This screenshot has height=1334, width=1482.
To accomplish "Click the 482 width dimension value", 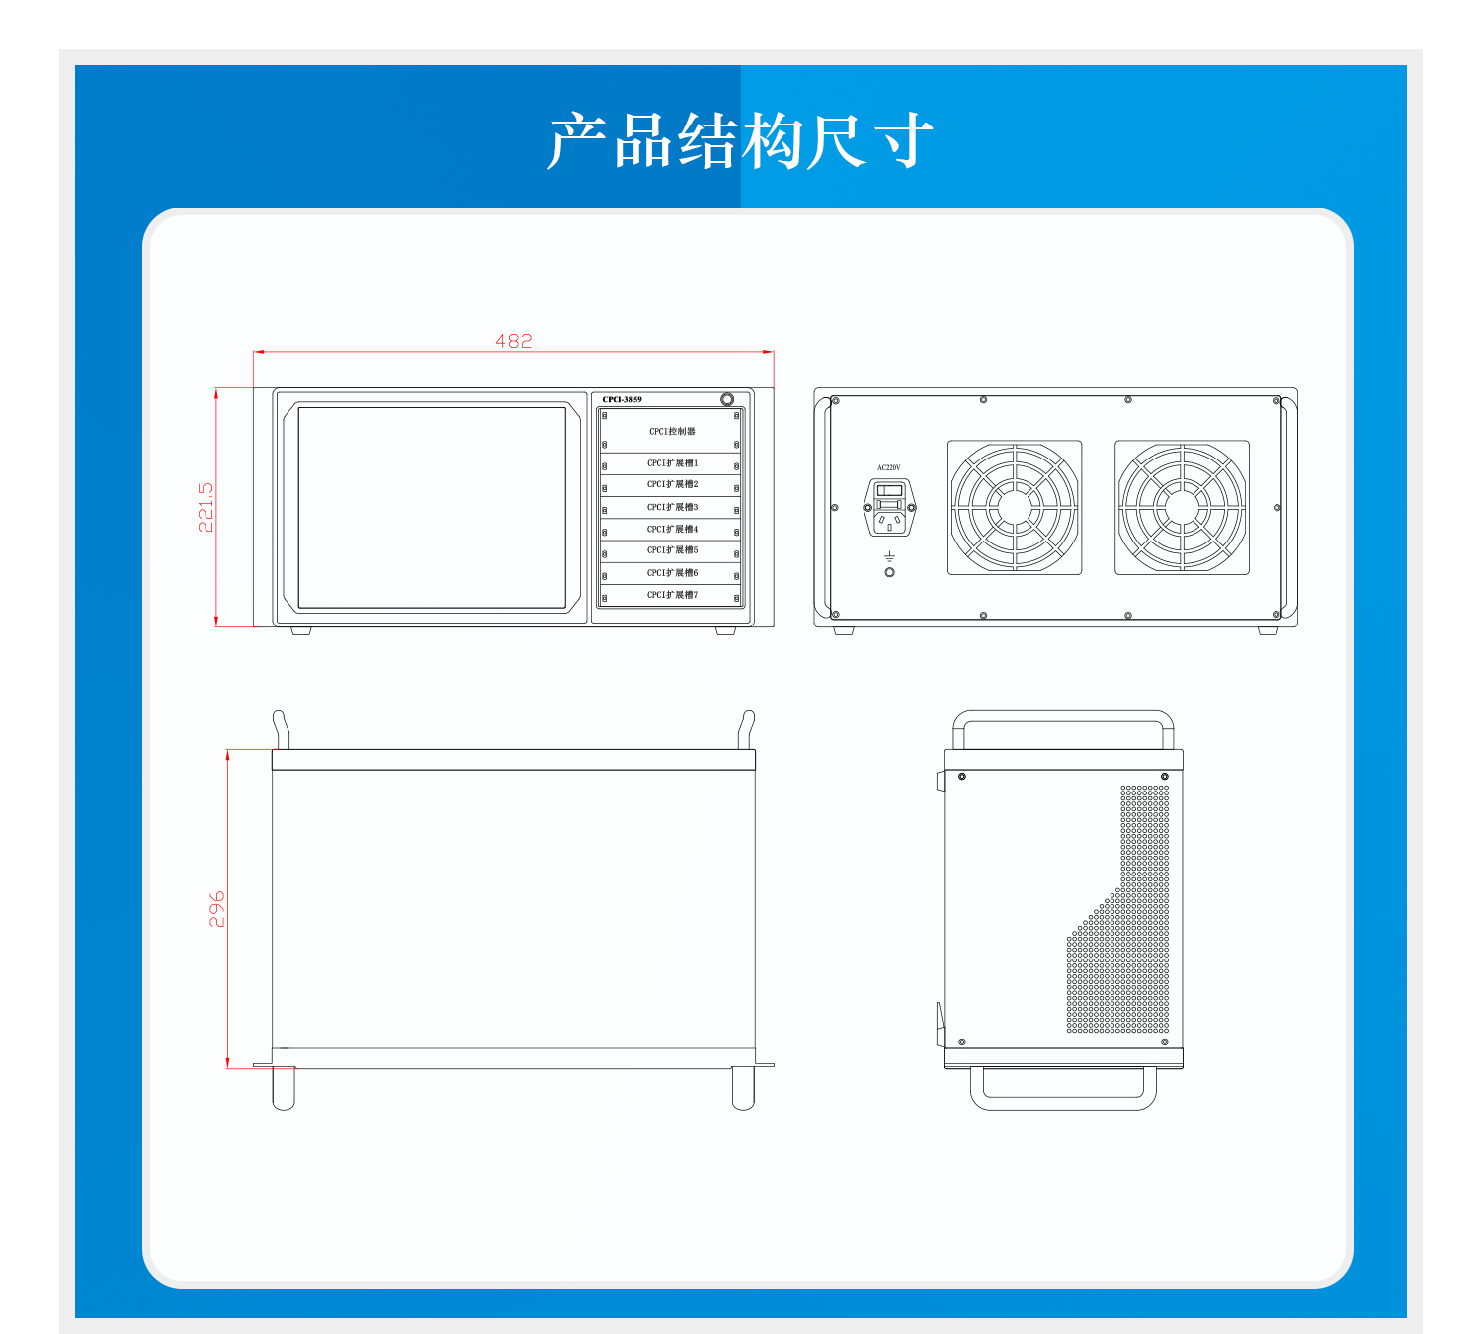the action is point(513,341).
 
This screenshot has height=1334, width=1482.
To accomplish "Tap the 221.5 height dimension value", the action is point(206,507).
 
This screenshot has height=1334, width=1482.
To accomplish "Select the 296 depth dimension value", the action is point(216,909).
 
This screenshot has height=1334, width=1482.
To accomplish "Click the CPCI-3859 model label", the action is point(621,400).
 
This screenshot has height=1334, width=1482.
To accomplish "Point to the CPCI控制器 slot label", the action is point(672,431).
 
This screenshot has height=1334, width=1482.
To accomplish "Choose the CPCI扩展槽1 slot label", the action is point(672,463).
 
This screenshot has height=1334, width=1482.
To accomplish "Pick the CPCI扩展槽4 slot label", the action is point(672,530).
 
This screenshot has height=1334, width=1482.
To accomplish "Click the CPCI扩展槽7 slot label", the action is point(672,595).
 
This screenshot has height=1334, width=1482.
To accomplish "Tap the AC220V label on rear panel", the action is point(889,467).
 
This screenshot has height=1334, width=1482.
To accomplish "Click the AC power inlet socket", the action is point(889,507).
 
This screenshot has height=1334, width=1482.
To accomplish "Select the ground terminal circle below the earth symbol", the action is point(889,572).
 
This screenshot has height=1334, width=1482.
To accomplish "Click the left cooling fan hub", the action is point(1015,507).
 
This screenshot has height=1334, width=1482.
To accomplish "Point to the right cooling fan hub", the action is point(1182,507).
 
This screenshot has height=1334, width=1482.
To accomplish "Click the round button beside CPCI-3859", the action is point(727,399).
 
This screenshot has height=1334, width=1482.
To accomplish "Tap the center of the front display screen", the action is point(432,508).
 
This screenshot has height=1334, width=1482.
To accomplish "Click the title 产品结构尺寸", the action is point(740,140).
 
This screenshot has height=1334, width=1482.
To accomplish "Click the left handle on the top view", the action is point(280,728).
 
